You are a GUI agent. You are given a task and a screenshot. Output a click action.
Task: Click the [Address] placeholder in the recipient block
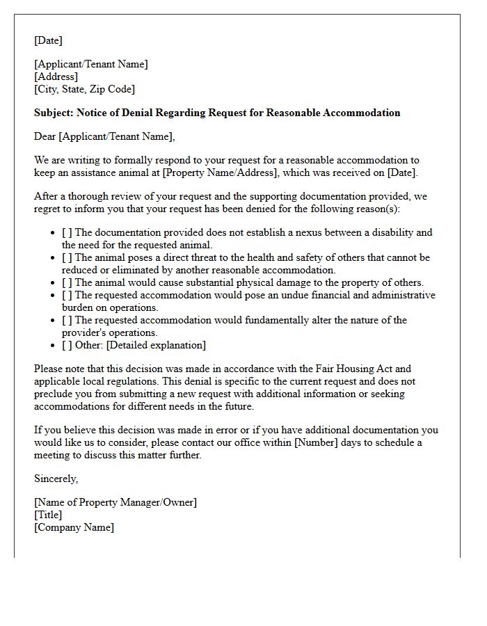click(x=56, y=77)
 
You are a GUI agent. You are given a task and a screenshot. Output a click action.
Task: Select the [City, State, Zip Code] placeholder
click(x=85, y=89)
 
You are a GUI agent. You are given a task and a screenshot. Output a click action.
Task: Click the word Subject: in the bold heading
click(x=54, y=113)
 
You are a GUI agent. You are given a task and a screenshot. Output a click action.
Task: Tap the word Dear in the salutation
click(x=45, y=136)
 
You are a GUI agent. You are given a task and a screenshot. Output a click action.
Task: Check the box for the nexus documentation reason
click(x=67, y=232)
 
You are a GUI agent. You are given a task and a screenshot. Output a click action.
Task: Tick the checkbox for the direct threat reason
click(x=67, y=257)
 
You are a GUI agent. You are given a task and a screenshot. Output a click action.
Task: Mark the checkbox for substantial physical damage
click(x=67, y=282)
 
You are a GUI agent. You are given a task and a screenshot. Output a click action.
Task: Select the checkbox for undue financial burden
click(x=67, y=295)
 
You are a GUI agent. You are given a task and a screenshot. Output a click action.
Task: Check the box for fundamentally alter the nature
click(x=67, y=320)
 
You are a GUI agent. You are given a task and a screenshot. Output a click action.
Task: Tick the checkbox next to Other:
click(x=67, y=345)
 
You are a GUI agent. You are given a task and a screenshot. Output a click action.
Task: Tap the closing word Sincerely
click(x=56, y=479)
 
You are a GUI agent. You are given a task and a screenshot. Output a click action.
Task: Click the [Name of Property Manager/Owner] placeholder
click(x=115, y=502)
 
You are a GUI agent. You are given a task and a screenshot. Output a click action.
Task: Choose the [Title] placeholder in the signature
click(x=48, y=515)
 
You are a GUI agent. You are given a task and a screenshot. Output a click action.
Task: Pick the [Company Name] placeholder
click(x=74, y=527)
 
